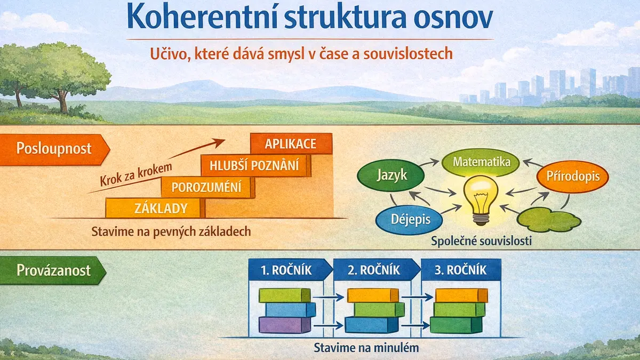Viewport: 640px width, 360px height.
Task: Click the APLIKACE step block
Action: tap(291, 143)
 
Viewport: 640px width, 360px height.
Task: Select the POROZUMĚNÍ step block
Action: tap(207, 187)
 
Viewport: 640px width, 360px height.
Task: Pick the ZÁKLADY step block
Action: tap(155, 208)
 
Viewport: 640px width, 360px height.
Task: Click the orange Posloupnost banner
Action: tap(54, 149)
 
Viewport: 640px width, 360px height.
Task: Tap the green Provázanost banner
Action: tap(53, 270)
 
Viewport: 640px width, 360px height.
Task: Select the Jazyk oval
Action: tap(391, 175)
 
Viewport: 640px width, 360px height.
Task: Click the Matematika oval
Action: tap(481, 162)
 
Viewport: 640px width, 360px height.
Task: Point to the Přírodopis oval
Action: tap(573, 177)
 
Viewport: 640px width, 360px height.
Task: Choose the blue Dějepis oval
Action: tap(409, 219)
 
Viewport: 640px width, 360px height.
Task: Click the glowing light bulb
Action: tap(481, 200)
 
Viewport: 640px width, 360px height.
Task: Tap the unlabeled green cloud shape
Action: tap(549, 220)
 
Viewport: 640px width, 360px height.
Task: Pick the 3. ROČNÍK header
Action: tap(461, 270)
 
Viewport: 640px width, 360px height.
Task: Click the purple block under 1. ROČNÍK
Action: tap(285, 325)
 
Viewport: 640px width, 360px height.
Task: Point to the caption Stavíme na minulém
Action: tap(366, 348)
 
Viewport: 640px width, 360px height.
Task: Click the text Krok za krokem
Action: tap(136, 174)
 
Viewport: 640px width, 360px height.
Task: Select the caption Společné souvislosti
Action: tap(481, 241)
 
